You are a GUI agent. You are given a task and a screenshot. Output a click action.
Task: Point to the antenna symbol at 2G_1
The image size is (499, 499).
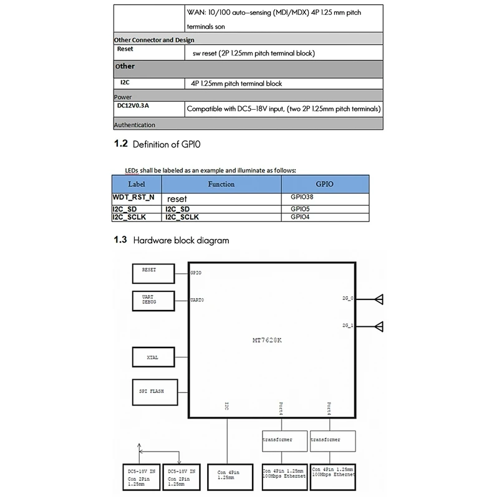point(379,325)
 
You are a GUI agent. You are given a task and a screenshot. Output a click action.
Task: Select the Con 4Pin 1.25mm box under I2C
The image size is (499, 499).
point(226,476)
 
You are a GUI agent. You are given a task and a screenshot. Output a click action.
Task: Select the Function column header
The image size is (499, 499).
point(221,184)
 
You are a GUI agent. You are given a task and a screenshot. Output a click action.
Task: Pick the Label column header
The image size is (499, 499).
point(136,184)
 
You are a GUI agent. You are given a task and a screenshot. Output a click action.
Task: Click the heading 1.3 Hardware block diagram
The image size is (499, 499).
point(171,240)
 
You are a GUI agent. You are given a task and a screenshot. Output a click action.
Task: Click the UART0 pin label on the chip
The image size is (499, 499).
point(196,301)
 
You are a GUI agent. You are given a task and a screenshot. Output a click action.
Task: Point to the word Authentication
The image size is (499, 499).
point(134,125)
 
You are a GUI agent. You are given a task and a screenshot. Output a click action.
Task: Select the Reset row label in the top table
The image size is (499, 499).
point(125,48)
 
